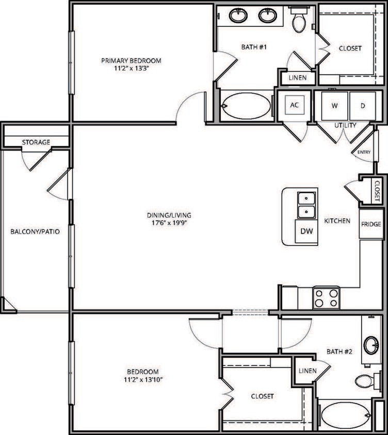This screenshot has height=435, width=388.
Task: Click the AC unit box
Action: (x=294, y=105)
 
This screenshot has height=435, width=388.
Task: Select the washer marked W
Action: (x=335, y=106)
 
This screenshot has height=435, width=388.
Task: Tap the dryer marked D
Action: (x=363, y=106)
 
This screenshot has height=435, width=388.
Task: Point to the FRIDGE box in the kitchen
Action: (x=371, y=225)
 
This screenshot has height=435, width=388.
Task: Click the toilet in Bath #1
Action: (x=299, y=20)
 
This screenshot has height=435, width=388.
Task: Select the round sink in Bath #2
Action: (x=371, y=345)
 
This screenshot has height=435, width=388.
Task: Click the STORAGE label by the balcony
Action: (x=36, y=142)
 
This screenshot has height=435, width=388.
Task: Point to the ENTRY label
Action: (x=364, y=152)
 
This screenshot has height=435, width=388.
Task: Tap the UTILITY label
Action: (x=345, y=125)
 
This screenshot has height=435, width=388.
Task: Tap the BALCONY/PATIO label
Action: (x=35, y=231)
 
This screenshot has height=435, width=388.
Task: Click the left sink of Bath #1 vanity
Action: (x=238, y=15)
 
